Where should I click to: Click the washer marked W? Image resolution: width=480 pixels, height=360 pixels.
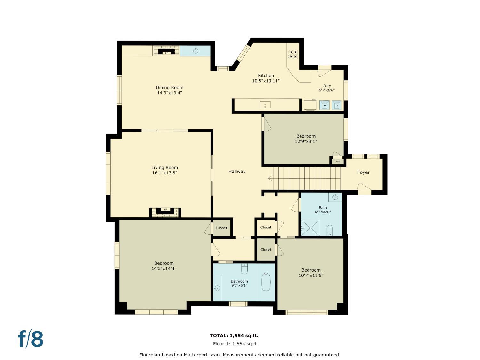(x=324, y=105)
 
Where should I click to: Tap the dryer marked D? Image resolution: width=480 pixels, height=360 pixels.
(x=337, y=105)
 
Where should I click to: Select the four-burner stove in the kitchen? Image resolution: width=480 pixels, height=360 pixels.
(x=292, y=54)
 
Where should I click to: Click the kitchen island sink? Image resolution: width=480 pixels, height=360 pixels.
(x=265, y=105)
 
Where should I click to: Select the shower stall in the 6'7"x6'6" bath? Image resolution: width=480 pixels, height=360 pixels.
(x=310, y=228)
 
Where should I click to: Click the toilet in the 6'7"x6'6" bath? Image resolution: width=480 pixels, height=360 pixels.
(x=330, y=230)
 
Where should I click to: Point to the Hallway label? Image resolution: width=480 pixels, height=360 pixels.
(x=237, y=172)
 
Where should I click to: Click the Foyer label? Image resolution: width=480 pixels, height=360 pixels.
(x=364, y=172)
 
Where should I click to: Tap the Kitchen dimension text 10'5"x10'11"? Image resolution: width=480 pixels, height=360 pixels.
(x=266, y=81)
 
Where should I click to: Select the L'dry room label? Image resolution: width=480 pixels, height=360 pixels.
(x=326, y=86)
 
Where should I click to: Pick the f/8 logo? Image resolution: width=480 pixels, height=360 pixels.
(x=30, y=339)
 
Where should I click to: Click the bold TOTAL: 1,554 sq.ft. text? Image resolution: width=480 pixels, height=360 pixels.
(x=234, y=335)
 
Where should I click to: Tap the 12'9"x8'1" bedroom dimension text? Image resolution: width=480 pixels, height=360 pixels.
(x=306, y=141)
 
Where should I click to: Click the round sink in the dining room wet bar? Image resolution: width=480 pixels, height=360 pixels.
(x=196, y=51)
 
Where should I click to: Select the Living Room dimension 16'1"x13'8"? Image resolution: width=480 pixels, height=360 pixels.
(x=164, y=173)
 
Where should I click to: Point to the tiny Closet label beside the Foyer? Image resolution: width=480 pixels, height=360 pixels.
(x=338, y=162)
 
